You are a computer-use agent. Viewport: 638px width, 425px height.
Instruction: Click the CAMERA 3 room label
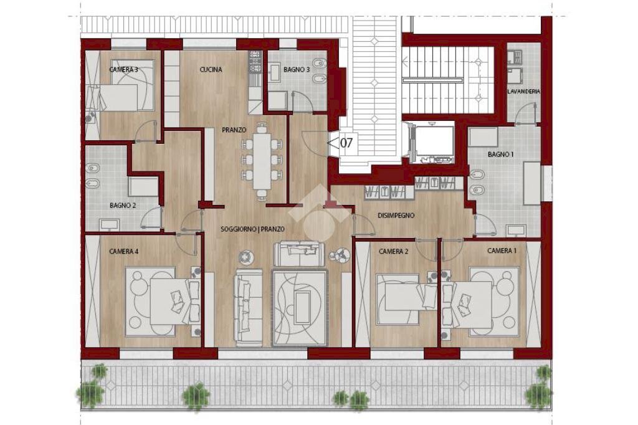(123, 69)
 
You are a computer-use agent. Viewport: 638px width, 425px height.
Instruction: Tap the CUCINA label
(211, 69)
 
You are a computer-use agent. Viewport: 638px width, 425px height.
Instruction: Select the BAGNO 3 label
(296, 70)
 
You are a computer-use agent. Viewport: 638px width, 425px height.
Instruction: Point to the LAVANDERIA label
(523, 91)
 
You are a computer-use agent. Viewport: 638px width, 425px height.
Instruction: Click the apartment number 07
(346, 143)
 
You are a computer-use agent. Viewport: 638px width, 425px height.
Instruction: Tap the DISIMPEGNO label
(396, 216)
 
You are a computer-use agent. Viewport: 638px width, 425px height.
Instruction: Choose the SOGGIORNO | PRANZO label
(252, 229)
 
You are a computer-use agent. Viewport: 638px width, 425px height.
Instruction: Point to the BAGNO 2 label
(123, 204)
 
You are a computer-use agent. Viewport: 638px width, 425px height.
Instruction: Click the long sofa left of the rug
(248, 307)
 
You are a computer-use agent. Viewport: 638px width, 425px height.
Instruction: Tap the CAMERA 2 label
(393, 251)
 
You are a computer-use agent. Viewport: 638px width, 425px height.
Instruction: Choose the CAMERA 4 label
(123, 251)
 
